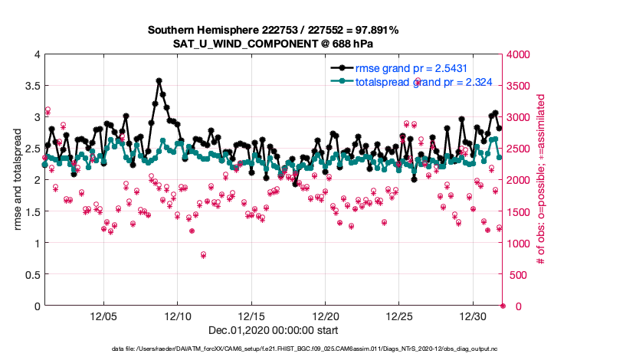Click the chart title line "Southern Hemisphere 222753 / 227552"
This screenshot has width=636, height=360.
[253, 30]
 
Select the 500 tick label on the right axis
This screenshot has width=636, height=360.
[516, 274]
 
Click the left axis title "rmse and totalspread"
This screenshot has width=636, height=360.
[18, 180]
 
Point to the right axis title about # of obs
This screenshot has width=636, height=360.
[540, 180]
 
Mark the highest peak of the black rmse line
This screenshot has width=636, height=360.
[159, 80]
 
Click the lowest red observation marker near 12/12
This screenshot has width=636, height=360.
[203, 254]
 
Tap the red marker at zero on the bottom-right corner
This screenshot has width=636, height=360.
[503, 306]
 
